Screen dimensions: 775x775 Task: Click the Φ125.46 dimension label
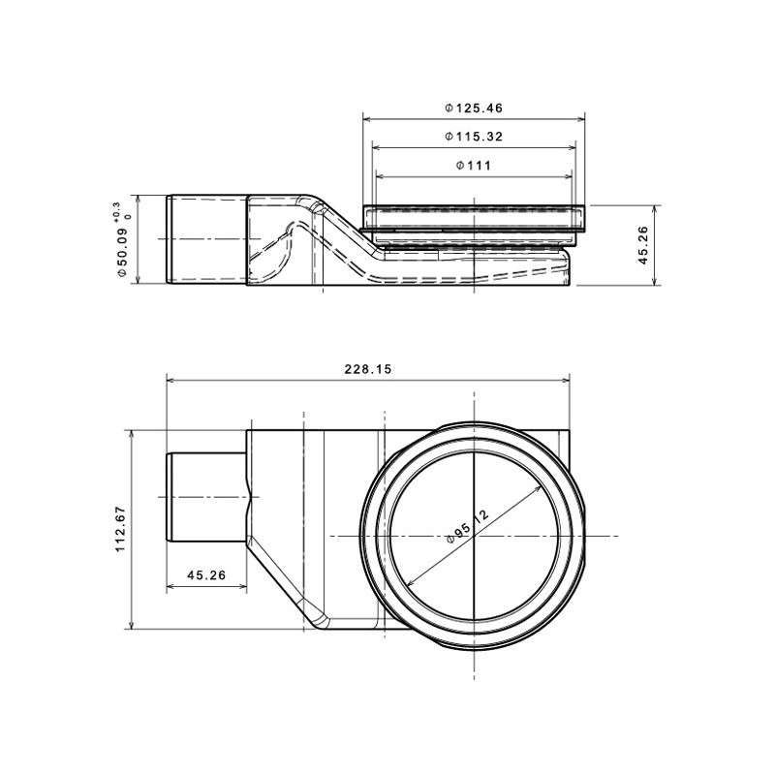tap(474, 108)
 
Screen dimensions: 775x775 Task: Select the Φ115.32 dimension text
tap(474, 137)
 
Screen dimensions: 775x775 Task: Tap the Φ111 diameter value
tap(474, 166)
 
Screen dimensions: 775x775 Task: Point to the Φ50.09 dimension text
tap(122, 249)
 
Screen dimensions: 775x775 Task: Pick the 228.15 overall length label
tap(368, 369)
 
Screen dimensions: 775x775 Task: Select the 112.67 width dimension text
tap(120, 529)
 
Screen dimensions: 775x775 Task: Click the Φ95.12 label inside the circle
tap(467, 526)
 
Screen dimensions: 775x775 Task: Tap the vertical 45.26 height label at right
tap(642, 245)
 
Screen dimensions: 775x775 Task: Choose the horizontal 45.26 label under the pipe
tap(206, 575)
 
